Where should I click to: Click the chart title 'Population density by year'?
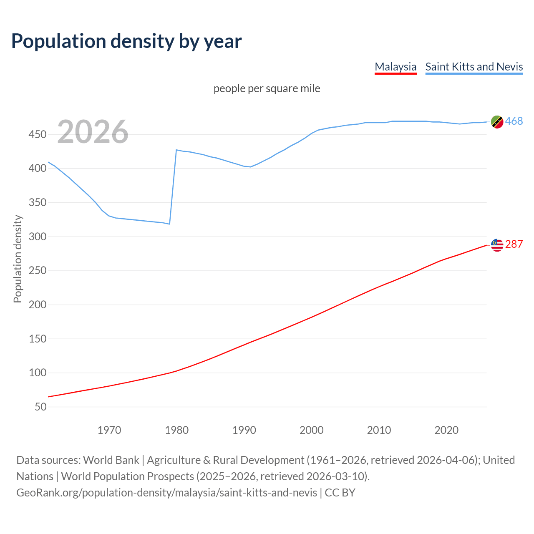point(126,41)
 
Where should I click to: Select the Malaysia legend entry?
point(395,67)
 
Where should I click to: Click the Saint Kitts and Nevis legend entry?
point(474,67)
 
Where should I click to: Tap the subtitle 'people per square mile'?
point(267,88)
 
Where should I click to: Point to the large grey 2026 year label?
point(93,132)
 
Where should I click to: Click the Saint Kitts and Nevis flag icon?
point(497,122)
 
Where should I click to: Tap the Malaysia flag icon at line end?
point(497,245)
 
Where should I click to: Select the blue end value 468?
point(514,121)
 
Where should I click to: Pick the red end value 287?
point(514,244)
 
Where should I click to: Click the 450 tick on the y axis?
point(38,135)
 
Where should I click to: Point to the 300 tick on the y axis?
point(38,237)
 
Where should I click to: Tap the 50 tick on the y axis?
point(40,407)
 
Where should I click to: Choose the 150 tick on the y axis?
point(38,339)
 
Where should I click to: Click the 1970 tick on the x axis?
point(109,430)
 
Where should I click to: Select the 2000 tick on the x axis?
point(312,430)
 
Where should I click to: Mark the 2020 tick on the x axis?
point(446,430)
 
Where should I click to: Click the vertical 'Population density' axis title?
point(18,259)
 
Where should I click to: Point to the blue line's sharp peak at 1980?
point(176,150)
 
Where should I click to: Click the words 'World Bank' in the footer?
point(111,460)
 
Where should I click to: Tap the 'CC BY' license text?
point(340,493)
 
